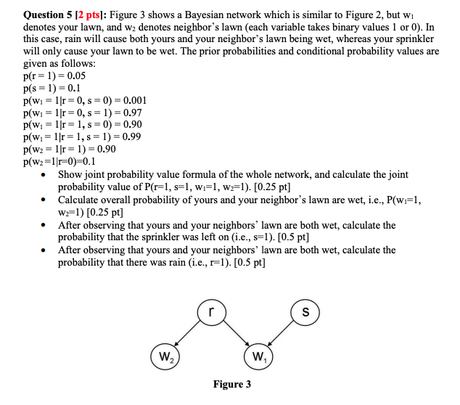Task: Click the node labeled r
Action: pos(210,312)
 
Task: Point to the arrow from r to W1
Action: pos(234,335)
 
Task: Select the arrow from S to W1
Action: pos(282,335)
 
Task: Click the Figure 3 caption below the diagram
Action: pos(232,384)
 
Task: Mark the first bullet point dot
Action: pos(45,176)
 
